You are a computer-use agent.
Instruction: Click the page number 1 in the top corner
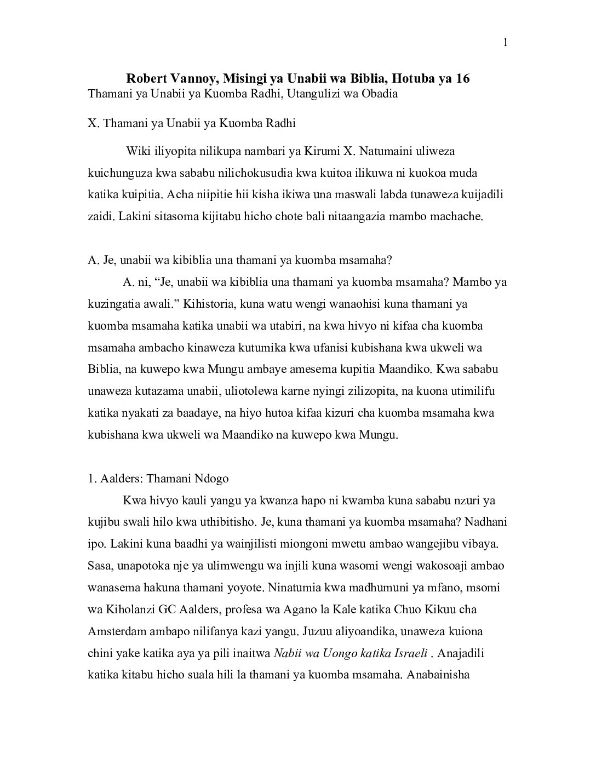pos(505,43)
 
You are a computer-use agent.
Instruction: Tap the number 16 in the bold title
pos(462,79)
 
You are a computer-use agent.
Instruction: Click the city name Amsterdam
pos(117,631)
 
